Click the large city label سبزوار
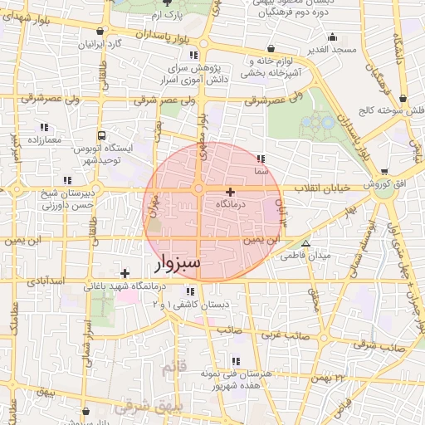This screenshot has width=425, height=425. [x=178, y=265]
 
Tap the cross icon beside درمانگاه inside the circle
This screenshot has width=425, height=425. [x=230, y=192]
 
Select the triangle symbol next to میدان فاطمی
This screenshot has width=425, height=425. [x=306, y=244]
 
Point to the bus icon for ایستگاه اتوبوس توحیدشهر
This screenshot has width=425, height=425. [x=102, y=134]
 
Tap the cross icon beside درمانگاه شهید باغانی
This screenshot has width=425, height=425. [x=125, y=273]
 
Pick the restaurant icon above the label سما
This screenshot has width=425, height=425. [x=261, y=158]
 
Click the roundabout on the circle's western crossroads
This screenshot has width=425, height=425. [x=198, y=189]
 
